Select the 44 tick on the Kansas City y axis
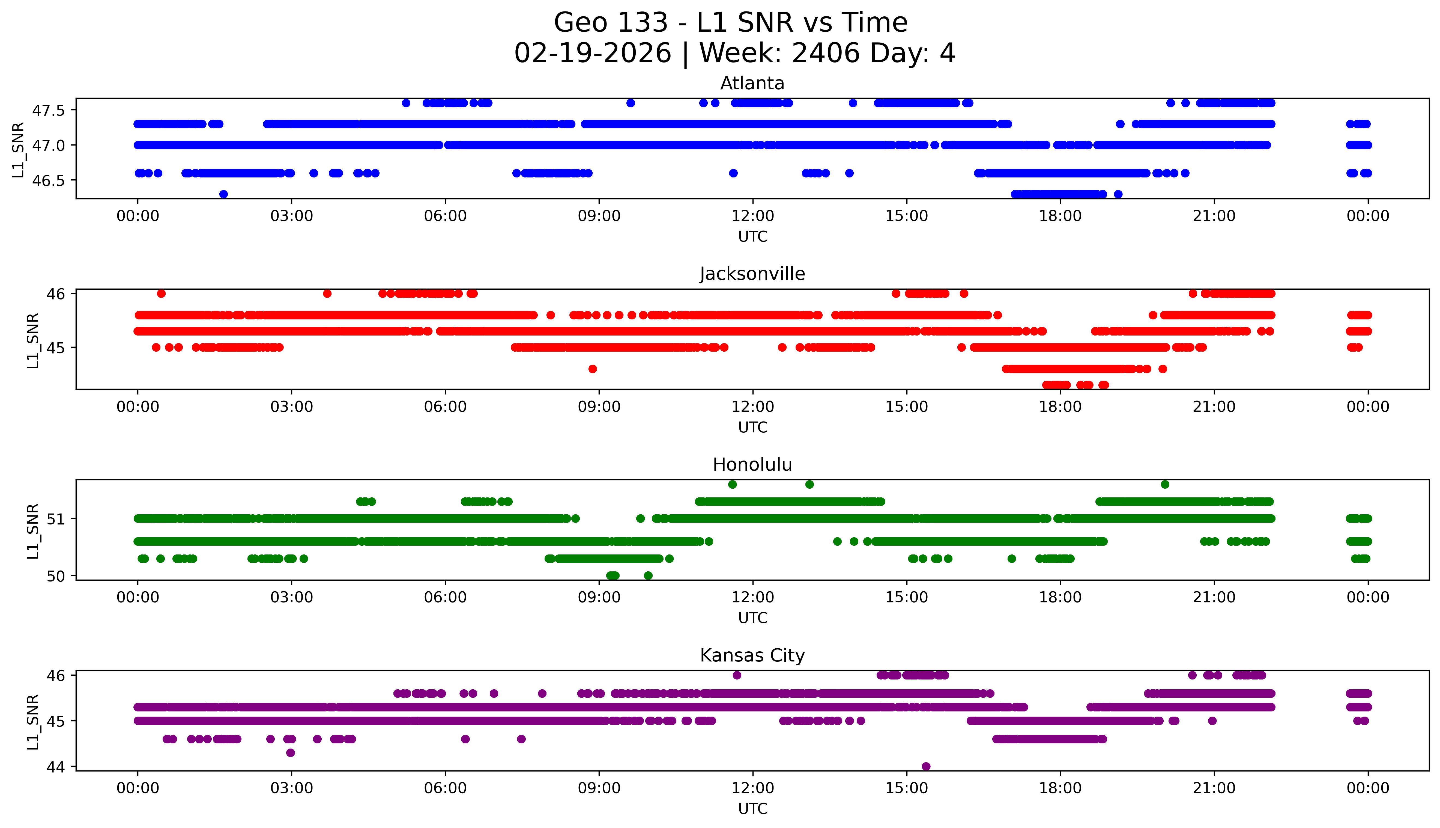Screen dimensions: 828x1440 pos(57,767)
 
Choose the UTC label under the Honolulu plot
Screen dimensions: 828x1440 pos(752,618)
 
